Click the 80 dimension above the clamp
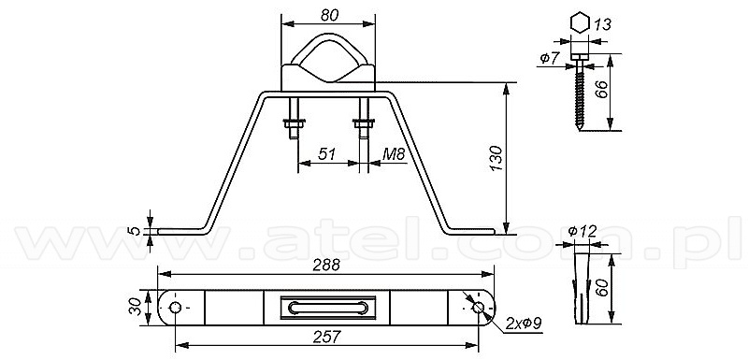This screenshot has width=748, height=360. [x=330, y=15]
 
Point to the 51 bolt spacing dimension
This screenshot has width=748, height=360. [x=326, y=153]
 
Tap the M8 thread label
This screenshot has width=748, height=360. [x=394, y=153]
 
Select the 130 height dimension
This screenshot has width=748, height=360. [x=496, y=158]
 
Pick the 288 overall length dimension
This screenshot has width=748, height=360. [x=326, y=266]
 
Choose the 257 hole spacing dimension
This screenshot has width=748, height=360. [x=326, y=338]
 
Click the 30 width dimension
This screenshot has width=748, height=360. [x=136, y=307]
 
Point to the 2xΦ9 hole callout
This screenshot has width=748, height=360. [x=524, y=324]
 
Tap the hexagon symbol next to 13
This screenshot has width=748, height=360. [x=580, y=22]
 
